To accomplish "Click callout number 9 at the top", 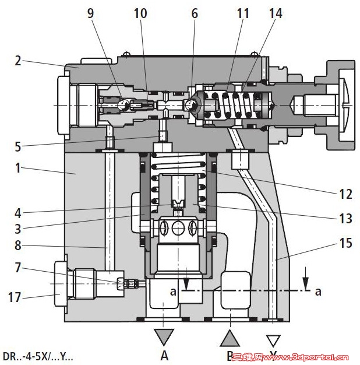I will [x=90, y=12].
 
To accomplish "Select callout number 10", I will [x=141, y=12].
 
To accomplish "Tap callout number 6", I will [x=195, y=12].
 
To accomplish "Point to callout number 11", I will [x=243, y=12].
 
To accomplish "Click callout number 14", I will [x=275, y=12].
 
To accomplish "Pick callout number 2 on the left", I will [x=19, y=60].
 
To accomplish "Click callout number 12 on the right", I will [x=345, y=195].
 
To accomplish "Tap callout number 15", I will [x=345, y=243].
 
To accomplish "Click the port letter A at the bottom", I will [x=165, y=355].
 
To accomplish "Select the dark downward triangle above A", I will [x=165, y=337].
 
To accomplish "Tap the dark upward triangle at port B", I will [x=231, y=337].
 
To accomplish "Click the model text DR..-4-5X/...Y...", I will [x=38, y=356].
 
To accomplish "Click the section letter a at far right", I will [x=318, y=291].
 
